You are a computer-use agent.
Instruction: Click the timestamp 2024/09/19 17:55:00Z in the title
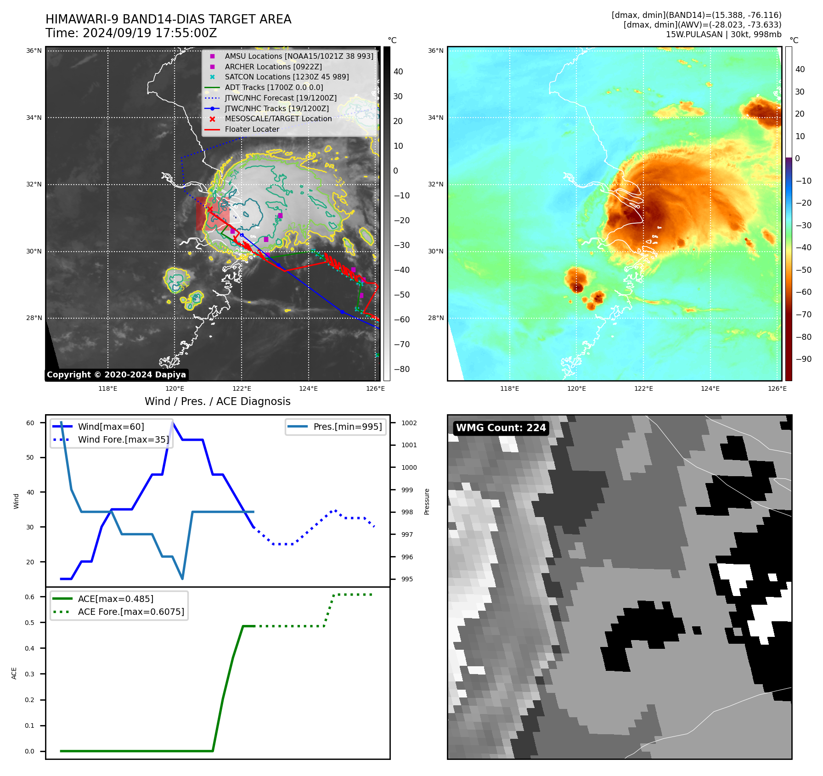point(150,34)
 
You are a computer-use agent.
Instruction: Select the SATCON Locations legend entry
point(287,77)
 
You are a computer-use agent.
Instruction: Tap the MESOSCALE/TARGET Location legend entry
point(278,119)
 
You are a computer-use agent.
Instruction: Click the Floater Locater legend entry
point(252,129)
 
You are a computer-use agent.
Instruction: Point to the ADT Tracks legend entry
point(274,88)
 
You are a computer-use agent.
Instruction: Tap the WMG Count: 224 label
point(501,428)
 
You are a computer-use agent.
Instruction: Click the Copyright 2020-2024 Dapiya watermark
point(116,375)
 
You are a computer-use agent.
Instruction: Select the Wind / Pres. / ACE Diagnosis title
point(217,402)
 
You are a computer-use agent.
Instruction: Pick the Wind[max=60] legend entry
point(111,427)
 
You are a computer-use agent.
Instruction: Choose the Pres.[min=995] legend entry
point(347,427)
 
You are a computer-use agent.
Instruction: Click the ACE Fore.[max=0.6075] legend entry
point(131,612)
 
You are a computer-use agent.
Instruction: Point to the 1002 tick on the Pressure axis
point(409,423)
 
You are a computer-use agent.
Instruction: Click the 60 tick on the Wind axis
point(30,423)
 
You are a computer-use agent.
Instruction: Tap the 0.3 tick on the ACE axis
point(29,675)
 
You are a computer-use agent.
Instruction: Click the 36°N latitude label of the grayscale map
point(34,51)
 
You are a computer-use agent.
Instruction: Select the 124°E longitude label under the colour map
point(710,389)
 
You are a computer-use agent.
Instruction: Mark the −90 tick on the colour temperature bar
point(803,359)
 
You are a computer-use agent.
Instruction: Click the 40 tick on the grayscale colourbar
point(398,72)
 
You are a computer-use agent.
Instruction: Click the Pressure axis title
point(427,501)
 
